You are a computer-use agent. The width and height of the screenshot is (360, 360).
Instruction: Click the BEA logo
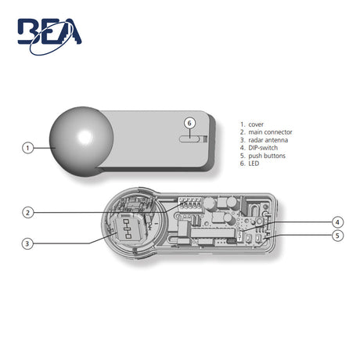(49, 37)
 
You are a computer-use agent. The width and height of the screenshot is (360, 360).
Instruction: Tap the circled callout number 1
(27, 148)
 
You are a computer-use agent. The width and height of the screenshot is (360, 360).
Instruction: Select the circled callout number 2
(27, 213)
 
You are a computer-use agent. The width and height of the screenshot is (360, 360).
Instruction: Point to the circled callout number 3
(27, 244)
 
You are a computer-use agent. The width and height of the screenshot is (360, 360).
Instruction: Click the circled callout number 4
(337, 222)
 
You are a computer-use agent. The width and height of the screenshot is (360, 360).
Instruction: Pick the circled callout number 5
(337, 236)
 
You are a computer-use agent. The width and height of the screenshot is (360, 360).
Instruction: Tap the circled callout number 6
(189, 123)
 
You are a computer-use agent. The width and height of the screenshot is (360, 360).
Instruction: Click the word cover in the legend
(256, 124)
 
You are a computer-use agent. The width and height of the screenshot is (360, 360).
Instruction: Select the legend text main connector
(270, 132)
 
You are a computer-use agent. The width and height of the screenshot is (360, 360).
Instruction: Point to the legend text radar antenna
(268, 140)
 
